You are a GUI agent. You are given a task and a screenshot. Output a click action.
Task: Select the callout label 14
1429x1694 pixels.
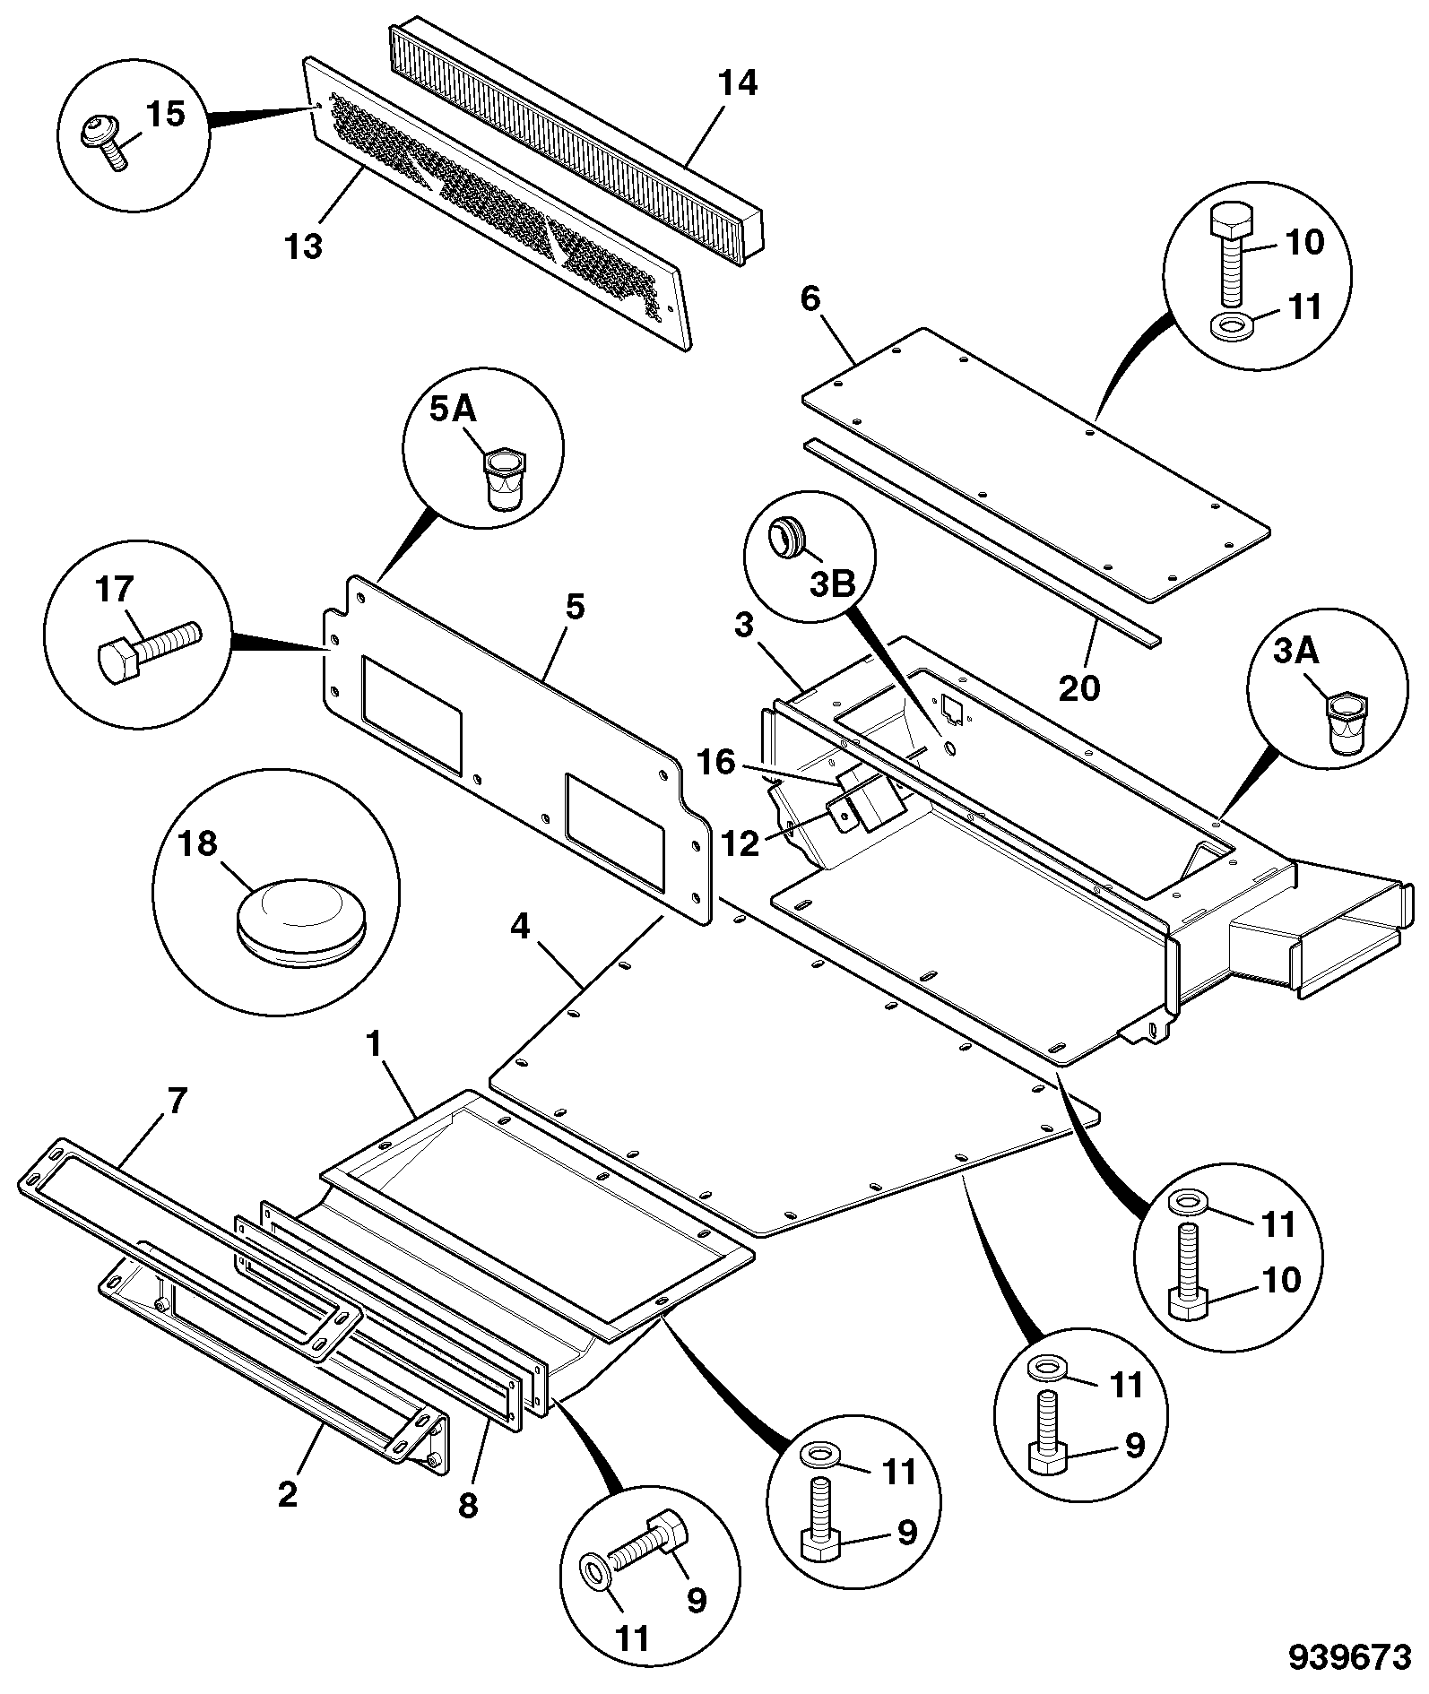(738, 83)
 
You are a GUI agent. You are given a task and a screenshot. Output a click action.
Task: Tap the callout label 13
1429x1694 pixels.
(304, 245)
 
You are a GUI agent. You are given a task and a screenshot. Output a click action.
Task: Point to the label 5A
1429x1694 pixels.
(454, 411)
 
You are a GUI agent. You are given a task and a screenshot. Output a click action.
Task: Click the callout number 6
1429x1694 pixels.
(810, 299)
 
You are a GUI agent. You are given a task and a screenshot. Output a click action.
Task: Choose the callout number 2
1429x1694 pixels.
(287, 1494)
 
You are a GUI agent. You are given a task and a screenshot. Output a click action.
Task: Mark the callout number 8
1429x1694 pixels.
(468, 1505)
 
